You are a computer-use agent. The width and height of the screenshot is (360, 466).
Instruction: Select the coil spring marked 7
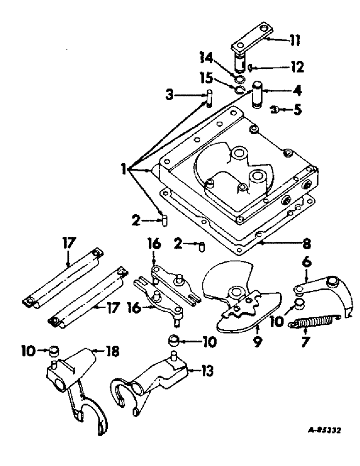click(x=312, y=321)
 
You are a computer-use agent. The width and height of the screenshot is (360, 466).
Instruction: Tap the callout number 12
click(x=296, y=68)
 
